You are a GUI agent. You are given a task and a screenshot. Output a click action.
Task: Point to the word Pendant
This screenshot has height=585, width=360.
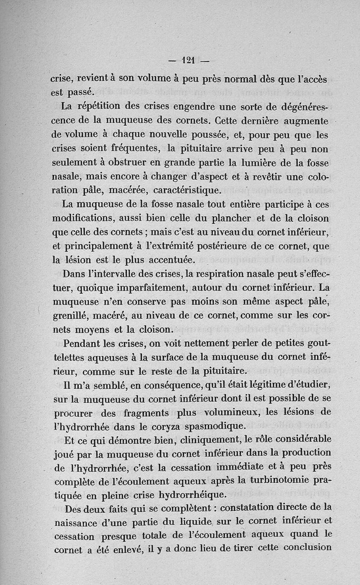85,344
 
